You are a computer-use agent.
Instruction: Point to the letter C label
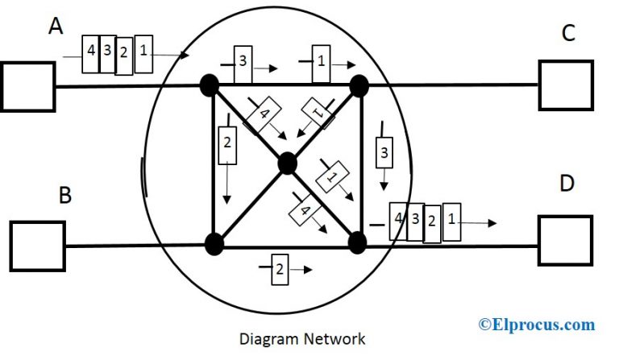point(568,33)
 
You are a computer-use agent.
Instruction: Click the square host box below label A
point(27,86)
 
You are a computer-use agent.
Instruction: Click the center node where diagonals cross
point(287,164)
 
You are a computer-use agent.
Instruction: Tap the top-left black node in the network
point(211,85)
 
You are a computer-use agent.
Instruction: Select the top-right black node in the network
point(359,85)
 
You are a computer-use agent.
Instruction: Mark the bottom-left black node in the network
point(214,242)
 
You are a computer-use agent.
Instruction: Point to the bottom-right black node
point(358,242)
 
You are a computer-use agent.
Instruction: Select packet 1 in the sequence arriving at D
point(452,221)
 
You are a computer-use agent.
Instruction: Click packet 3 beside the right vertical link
point(384,152)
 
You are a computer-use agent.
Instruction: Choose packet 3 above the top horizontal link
point(243,60)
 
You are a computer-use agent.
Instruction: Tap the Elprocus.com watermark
point(537,325)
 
